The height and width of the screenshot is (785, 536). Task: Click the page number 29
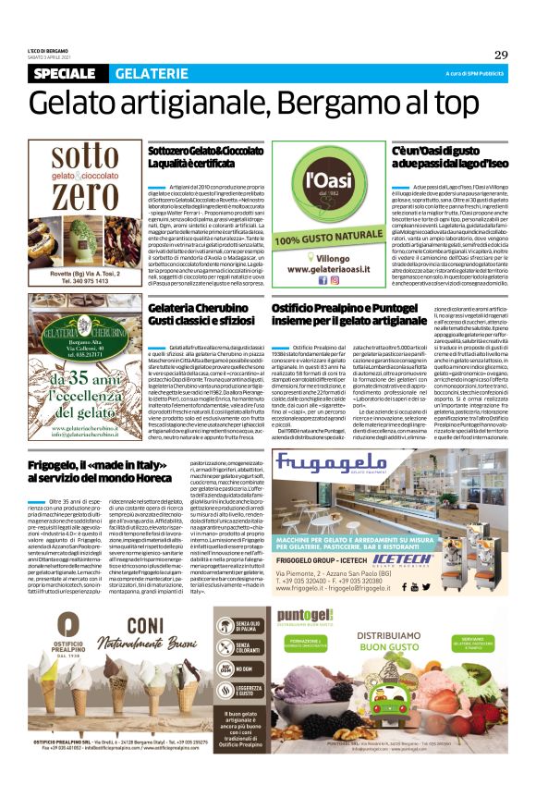500,55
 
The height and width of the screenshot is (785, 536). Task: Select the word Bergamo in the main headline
329,100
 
